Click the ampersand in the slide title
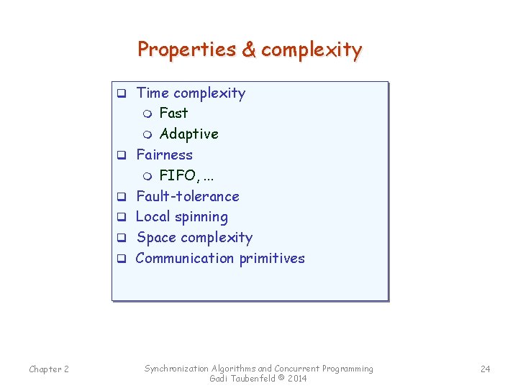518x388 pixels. (248, 50)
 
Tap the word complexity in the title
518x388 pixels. (312, 50)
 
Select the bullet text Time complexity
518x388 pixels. (191, 93)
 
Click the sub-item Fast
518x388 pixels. (173, 113)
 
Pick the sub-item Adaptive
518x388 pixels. (188, 134)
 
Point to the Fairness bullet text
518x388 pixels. (165, 154)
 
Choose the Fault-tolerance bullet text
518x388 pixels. (188, 196)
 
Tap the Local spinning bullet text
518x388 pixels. (182, 216)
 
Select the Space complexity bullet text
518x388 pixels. (194, 237)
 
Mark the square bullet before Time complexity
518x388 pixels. (122, 93)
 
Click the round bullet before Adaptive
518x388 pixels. (147, 134)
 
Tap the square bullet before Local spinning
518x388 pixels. (122, 217)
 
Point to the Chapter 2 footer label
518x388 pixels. (49, 369)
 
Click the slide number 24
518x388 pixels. (485, 369)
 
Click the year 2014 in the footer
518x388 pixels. (296, 379)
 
